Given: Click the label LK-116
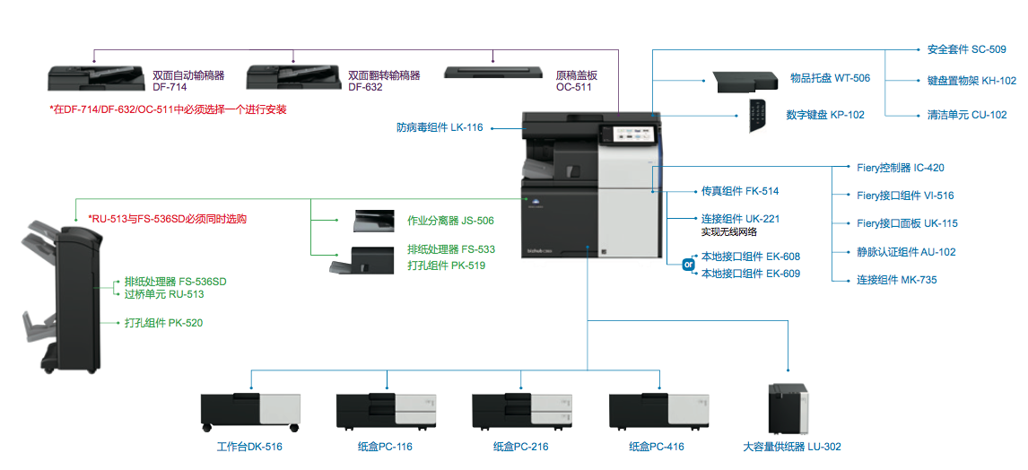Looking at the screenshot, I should click(x=440, y=127).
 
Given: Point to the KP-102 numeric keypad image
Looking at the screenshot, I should click(x=761, y=116).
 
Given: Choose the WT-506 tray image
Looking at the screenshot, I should click(x=745, y=82).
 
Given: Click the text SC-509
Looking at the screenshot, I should click(x=966, y=49).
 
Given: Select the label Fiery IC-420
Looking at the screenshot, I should click(x=900, y=168).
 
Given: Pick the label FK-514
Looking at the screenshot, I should click(x=739, y=191).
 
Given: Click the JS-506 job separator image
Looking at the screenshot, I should click(x=373, y=221).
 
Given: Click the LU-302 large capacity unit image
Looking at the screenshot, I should click(x=788, y=409).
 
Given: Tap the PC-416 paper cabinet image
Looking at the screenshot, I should click(x=658, y=412).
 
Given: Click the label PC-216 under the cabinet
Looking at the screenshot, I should click(x=520, y=447).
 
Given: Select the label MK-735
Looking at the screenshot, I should click(x=896, y=280).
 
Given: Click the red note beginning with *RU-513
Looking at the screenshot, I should click(x=168, y=218).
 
